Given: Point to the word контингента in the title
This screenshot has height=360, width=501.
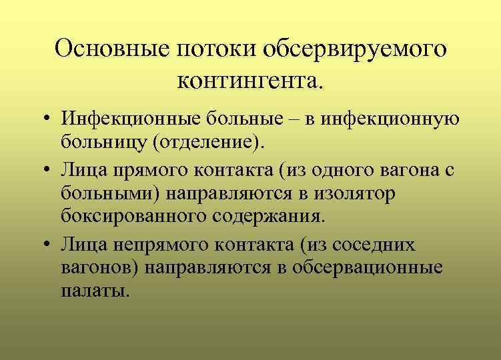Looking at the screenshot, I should click(249, 82).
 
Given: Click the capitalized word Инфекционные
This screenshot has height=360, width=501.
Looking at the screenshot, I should click(125, 120).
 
